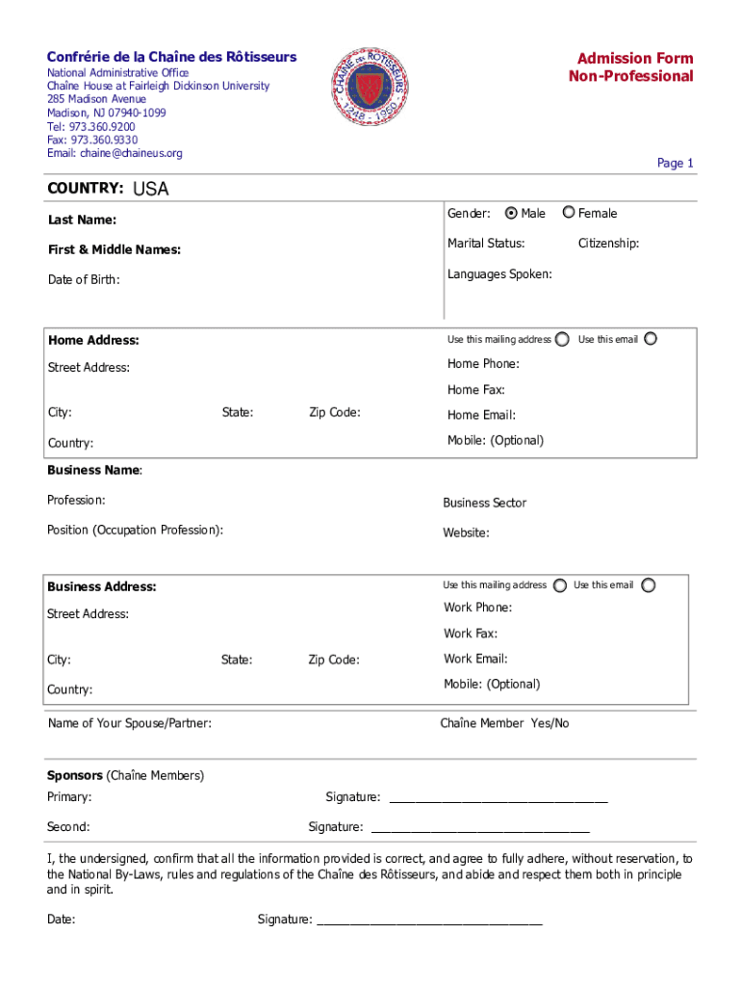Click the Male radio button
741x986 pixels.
511,213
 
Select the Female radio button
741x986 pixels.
570,213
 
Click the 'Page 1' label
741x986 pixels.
675,164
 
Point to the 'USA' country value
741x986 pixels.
150,190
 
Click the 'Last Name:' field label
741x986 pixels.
82,221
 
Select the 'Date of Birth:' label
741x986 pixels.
84,280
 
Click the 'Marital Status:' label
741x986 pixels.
486,244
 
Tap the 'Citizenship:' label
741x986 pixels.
608,244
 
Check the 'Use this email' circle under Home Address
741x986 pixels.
651,339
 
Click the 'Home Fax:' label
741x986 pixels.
475,390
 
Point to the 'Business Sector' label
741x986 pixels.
484,503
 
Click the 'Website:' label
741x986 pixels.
466,532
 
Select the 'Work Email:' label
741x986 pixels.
475,659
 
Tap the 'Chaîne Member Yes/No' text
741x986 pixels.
504,723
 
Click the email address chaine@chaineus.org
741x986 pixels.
115,153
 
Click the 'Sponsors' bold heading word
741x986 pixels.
75,775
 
